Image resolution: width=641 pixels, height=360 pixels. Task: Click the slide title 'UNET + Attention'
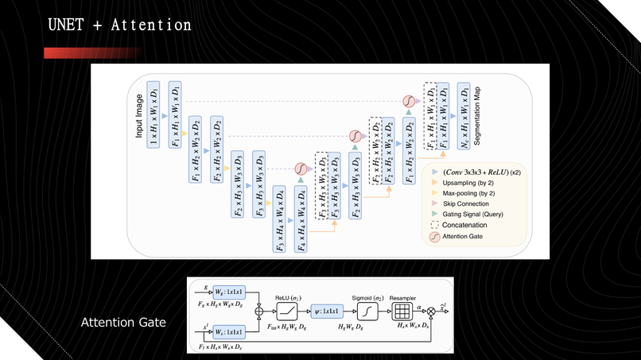[118, 25]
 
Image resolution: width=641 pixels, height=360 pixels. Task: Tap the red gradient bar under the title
[91, 52]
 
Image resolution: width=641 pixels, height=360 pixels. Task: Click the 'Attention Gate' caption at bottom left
[123, 323]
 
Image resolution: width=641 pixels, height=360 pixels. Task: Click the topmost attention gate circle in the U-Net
[408, 103]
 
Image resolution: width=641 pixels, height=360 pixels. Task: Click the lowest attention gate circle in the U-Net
[301, 168]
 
